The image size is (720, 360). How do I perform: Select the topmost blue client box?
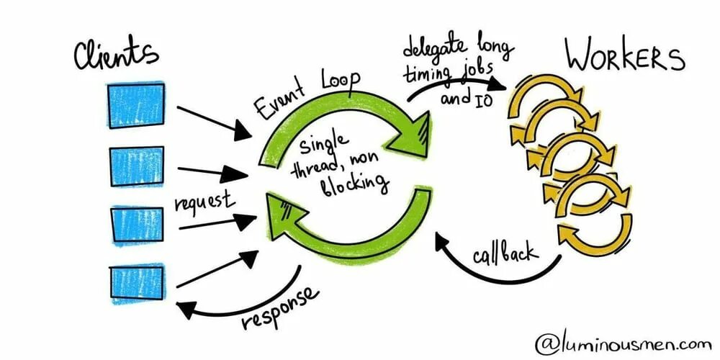tap(135, 105)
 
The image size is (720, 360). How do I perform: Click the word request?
tap(203, 199)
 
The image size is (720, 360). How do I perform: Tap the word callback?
tap(504, 253)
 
